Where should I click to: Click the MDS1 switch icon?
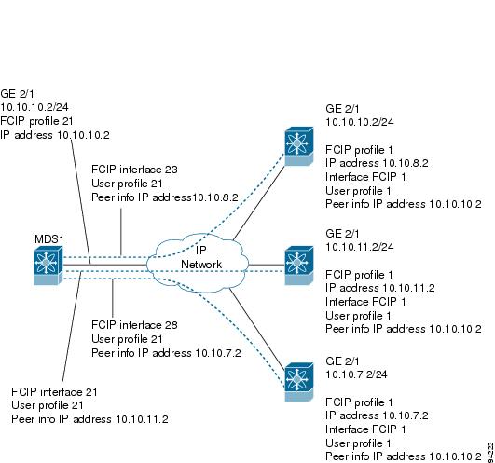(48, 266)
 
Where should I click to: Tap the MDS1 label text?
(49, 239)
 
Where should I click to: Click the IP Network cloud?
(198, 263)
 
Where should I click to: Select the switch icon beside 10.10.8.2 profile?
(298, 146)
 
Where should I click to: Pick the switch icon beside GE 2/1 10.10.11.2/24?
(298, 266)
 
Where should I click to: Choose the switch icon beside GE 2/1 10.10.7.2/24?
(298, 382)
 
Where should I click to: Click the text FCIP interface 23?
(134, 170)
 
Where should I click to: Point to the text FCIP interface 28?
(134, 325)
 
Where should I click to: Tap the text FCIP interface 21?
(54, 392)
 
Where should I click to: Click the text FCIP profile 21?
(36, 121)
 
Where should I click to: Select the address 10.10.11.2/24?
(360, 247)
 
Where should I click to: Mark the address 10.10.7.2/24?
(356, 374)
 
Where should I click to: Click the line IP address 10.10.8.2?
(377, 163)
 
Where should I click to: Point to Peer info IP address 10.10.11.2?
(89, 419)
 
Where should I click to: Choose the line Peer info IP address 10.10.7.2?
(166, 353)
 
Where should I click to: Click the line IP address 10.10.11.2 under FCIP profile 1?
(380, 288)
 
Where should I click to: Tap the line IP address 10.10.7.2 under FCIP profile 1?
(377, 415)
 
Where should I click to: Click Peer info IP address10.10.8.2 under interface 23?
(165, 197)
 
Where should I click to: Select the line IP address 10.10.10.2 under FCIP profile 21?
(55, 135)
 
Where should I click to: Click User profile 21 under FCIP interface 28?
(127, 339)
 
